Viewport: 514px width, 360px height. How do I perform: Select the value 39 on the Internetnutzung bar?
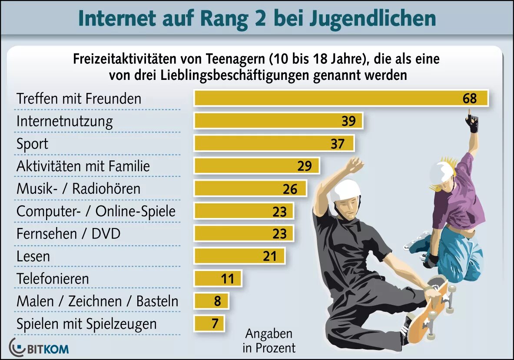pyautogui.click(x=348, y=121)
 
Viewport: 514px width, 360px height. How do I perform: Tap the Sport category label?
pyautogui.click(x=32, y=144)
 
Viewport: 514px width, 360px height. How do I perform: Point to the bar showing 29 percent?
pyautogui.click(x=256, y=166)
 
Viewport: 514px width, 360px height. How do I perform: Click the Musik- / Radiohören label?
pyautogui.click(x=78, y=189)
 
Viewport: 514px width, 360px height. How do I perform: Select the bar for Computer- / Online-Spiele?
pyautogui.click(x=243, y=211)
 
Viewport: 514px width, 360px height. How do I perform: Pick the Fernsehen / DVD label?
pyautogui.click(x=68, y=234)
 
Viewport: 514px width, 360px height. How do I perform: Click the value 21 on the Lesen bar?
pyautogui.click(x=270, y=256)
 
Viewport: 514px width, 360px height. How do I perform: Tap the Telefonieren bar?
pyautogui.click(x=217, y=278)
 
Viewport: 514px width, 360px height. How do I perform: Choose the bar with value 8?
pyautogui.click(x=211, y=301)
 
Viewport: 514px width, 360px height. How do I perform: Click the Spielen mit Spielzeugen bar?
pyautogui.click(x=209, y=324)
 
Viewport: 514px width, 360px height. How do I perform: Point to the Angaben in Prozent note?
pyautogui.click(x=269, y=340)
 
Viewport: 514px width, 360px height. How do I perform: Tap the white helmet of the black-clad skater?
pyautogui.click(x=345, y=190)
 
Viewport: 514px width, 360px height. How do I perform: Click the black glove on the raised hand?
pyautogui.click(x=472, y=123)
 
